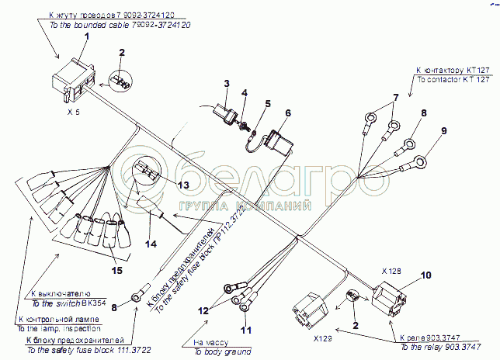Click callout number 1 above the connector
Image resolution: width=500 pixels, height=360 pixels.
[87, 36]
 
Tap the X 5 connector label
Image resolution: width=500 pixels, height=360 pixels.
[73, 111]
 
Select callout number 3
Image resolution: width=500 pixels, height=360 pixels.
[227, 84]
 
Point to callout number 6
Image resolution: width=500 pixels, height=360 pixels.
[286, 112]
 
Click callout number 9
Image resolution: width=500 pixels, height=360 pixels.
[444, 130]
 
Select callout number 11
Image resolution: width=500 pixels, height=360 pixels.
[246, 331]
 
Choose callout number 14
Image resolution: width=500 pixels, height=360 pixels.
[151, 244]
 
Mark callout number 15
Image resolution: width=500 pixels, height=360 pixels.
[116, 270]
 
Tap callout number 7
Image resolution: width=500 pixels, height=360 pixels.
[395, 98]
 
